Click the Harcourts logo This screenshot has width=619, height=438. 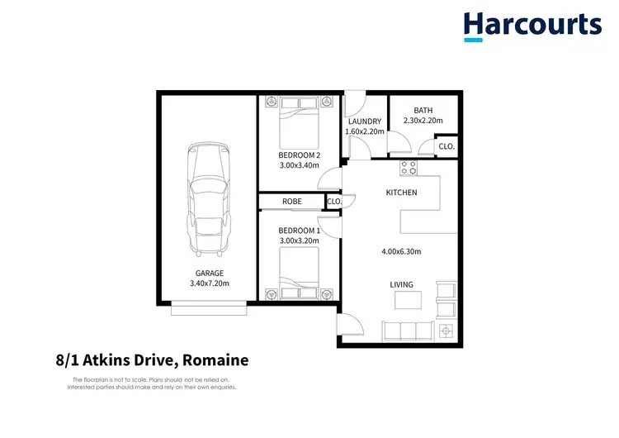click(532, 26)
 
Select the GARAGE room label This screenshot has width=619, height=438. click(210, 273)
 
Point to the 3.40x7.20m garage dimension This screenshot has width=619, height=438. click(210, 283)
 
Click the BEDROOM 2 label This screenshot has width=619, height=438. click(299, 155)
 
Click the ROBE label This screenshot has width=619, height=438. click(291, 202)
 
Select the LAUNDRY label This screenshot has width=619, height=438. click(364, 121)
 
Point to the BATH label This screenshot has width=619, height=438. click(423, 111)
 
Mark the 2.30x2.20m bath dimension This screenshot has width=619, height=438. click(423, 121)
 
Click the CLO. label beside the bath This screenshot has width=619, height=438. click(447, 146)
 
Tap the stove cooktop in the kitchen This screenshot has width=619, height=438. click(409, 168)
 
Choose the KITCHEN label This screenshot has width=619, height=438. click(402, 193)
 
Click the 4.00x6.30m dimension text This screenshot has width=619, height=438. click(402, 251)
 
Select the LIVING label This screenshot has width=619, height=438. click(402, 285)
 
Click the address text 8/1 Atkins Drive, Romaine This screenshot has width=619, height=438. click(146, 360)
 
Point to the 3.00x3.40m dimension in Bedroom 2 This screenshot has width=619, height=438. click(299, 165)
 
